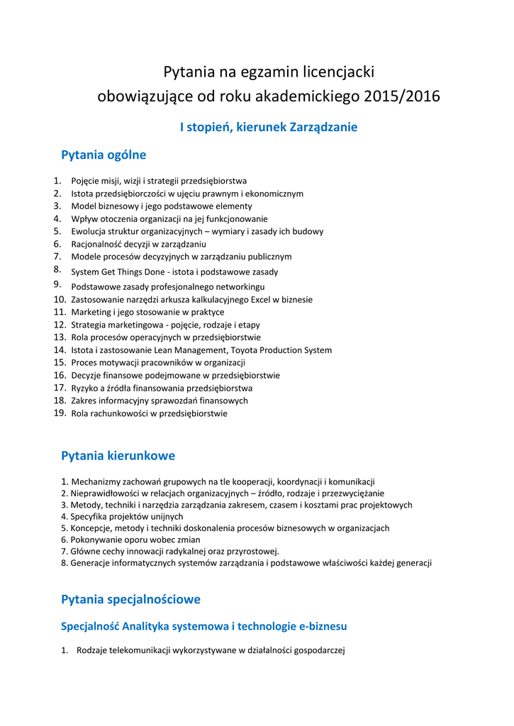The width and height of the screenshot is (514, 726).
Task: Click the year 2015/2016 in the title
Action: pyautogui.click(x=401, y=96)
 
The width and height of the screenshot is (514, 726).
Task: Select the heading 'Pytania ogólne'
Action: pyautogui.click(x=104, y=155)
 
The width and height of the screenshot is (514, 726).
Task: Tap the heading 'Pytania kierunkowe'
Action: pyautogui.click(x=118, y=455)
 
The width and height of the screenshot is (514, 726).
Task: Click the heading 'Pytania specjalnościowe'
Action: pyautogui.click(x=130, y=599)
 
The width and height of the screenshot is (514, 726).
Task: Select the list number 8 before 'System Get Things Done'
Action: pyautogui.click(x=57, y=269)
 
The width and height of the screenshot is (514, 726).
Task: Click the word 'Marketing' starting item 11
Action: pyautogui.click(x=91, y=312)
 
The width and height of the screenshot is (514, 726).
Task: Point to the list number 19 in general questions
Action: pyautogui.click(x=60, y=413)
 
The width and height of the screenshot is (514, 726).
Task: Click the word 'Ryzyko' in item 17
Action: pyautogui.click(x=84, y=388)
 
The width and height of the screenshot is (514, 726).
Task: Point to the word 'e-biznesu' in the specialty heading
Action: pyautogui.click(x=320, y=627)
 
